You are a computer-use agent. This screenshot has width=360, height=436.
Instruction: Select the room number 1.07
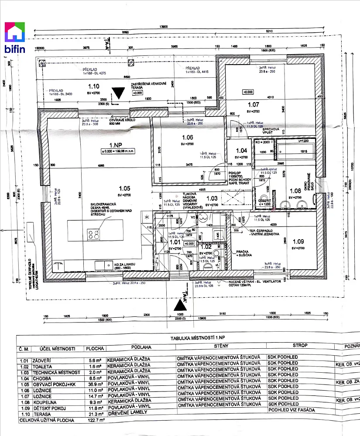(254, 105)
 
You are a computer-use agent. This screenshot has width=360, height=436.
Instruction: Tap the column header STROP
(300, 346)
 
